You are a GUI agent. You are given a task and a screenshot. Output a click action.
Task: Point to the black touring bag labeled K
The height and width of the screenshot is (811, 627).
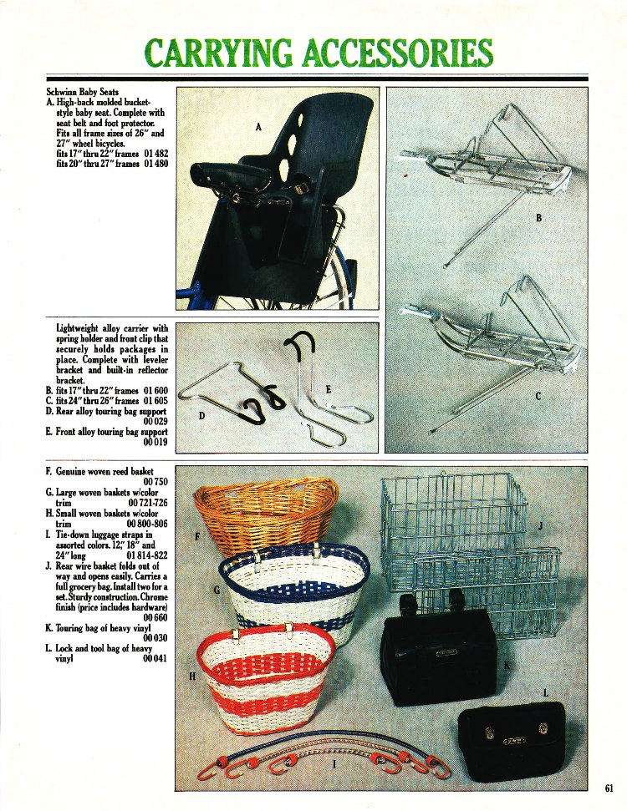click(x=438, y=656)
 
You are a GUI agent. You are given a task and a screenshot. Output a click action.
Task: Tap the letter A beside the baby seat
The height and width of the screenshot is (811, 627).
click(x=258, y=127)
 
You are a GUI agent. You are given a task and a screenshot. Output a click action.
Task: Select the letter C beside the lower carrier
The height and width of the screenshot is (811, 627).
click(x=539, y=397)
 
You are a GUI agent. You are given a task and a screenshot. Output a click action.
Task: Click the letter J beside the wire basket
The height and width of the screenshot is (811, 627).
click(x=541, y=526)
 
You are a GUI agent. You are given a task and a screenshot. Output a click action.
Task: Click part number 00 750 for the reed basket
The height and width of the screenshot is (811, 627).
click(x=156, y=483)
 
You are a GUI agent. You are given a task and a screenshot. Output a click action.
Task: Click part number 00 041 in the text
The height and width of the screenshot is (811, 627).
click(x=156, y=659)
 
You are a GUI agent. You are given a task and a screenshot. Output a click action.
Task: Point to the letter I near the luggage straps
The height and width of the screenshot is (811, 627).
click(x=334, y=763)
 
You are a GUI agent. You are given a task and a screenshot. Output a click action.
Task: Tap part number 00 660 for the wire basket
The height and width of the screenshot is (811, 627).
click(x=156, y=617)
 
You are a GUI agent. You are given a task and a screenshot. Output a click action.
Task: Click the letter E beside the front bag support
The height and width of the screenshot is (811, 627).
click(x=327, y=390)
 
